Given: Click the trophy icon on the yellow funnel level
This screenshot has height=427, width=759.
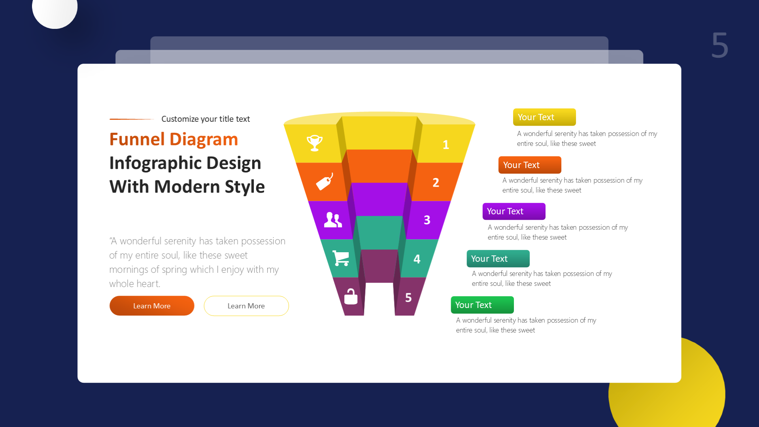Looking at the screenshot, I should click(315, 143).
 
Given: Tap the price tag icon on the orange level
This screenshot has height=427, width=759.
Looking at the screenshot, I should click(325, 182).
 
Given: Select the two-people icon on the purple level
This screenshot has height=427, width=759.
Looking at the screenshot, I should click(333, 220).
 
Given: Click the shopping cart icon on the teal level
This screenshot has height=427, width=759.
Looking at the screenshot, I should click(341, 258).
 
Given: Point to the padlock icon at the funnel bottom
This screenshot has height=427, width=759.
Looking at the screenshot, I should click(351, 297).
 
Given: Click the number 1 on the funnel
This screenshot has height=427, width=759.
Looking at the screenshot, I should click(446, 145).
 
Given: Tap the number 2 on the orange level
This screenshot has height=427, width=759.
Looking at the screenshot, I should click(436, 183).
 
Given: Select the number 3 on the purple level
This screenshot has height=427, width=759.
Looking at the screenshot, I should click(427, 220).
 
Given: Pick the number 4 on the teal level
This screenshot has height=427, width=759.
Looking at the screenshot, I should click(417, 259).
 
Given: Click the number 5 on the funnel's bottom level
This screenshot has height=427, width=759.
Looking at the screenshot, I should click(408, 298).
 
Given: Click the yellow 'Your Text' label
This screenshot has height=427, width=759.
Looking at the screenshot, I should click(544, 117).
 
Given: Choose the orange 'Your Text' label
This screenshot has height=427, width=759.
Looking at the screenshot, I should click(530, 165).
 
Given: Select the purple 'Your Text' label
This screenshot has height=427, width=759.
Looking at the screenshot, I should click(514, 212).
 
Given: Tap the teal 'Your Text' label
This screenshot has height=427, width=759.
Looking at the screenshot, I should click(498, 259).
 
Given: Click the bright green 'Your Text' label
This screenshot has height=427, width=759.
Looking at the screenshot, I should click(482, 305).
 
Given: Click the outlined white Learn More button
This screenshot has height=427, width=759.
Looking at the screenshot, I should click(246, 306).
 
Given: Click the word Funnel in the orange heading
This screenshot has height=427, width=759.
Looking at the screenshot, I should click(137, 140).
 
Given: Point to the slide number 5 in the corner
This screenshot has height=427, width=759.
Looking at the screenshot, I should click(719, 45).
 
